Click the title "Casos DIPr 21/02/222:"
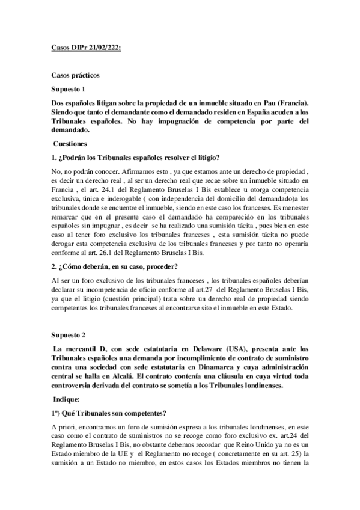[x=85, y=46]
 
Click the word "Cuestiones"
[x=73, y=144]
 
